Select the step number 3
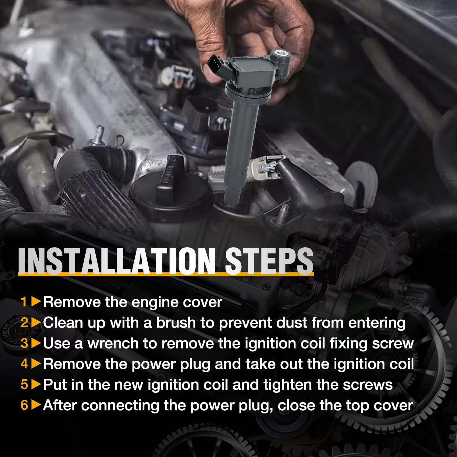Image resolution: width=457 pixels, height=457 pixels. (x=24, y=343)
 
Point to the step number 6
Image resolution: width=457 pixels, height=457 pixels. (x=24, y=405)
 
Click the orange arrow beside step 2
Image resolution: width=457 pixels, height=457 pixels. (x=36, y=323)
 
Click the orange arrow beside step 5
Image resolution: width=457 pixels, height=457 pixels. (x=36, y=384)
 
